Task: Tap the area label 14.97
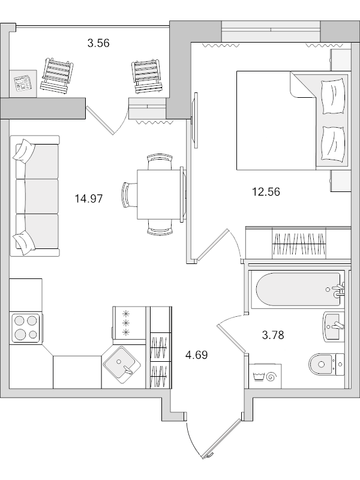click(x=88, y=199)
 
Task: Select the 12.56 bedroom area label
click(x=266, y=192)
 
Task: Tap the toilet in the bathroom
click(x=325, y=362)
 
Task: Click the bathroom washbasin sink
click(x=334, y=325)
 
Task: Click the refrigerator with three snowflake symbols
click(x=129, y=324)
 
